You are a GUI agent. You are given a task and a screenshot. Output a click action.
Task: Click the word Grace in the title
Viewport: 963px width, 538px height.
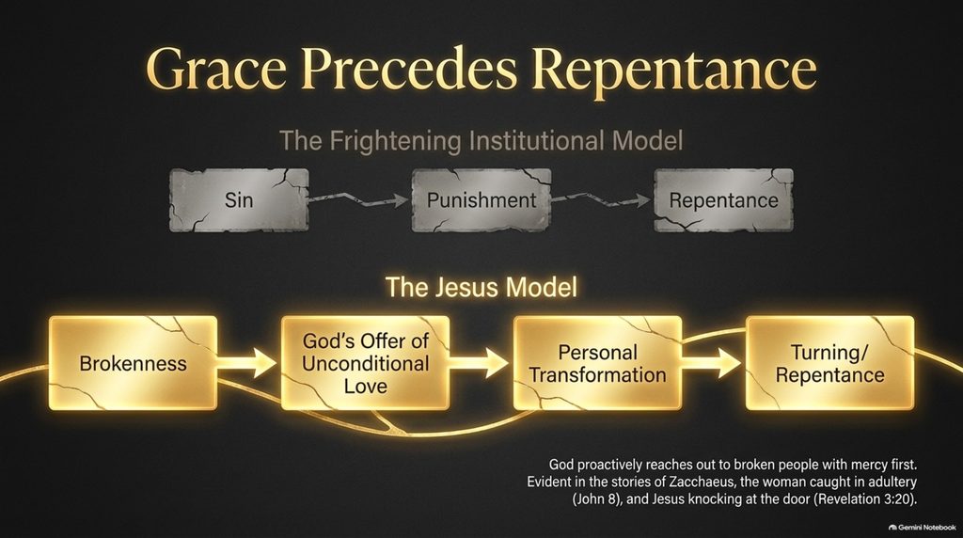pyautogui.click(x=216, y=69)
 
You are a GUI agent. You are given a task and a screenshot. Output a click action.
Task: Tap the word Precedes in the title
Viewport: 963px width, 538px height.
pyautogui.click(x=409, y=69)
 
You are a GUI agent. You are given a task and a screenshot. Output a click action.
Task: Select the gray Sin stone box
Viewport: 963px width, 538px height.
pyautogui.click(x=239, y=200)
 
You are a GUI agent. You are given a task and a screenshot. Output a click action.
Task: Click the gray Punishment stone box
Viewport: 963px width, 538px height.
pyautogui.click(x=481, y=200)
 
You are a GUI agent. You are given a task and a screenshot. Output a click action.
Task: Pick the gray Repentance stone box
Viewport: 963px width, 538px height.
pyautogui.click(x=723, y=200)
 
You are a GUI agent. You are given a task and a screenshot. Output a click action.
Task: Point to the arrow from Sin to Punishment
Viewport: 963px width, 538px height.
pyautogui.click(x=359, y=199)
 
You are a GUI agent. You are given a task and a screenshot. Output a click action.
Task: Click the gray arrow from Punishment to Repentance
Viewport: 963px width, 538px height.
pyautogui.click(x=601, y=199)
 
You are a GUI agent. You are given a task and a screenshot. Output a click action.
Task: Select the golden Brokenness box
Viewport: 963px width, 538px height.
pyautogui.click(x=134, y=363)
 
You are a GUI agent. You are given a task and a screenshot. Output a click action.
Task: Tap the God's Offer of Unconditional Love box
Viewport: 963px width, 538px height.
pyautogui.click(x=366, y=363)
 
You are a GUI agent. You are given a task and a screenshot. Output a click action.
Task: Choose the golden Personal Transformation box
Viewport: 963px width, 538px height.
pyautogui.click(x=597, y=363)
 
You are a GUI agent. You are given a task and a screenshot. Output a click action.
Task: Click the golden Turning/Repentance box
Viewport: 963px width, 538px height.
pyautogui.click(x=829, y=363)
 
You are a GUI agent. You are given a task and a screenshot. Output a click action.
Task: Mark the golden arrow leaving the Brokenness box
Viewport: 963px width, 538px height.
pyautogui.click(x=247, y=363)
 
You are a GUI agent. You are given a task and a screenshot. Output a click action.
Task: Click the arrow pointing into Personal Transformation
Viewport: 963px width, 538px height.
pyautogui.click(x=480, y=363)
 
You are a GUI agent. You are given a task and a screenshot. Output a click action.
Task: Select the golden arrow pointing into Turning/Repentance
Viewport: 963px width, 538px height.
pyautogui.click(x=712, y=363)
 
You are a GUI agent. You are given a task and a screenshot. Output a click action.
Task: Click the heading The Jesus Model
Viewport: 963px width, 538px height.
pyautogui.click(x=481, y=288)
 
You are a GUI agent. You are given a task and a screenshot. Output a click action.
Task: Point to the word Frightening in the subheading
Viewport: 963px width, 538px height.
pyautogui.click(x=396, y=141)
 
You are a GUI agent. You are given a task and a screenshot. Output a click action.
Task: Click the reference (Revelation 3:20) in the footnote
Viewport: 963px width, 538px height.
pyautogui.click(x=865, y=499)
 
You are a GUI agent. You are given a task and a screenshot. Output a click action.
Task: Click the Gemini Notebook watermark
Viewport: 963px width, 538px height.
pyautogui.click(x=923, y=528)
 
